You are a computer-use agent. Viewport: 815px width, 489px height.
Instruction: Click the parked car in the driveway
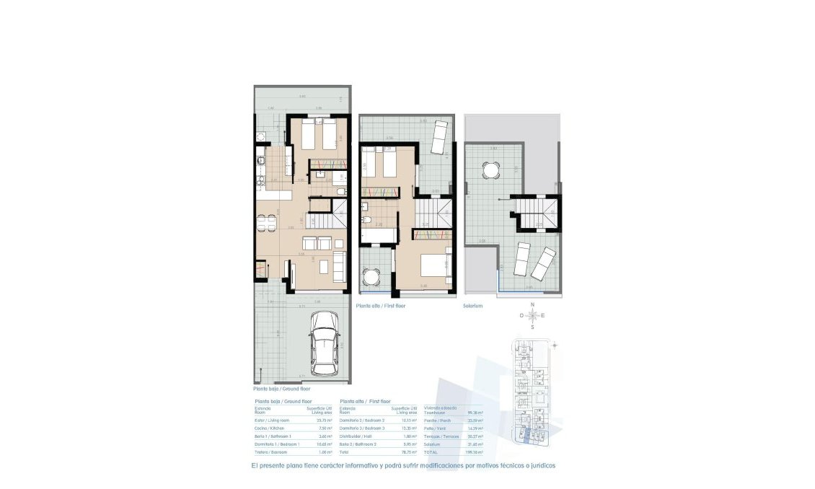324,342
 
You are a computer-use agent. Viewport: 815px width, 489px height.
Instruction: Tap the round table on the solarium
490,171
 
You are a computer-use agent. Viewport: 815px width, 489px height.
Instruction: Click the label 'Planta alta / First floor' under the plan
380,306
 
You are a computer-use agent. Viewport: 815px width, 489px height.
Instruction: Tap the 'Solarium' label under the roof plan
472,306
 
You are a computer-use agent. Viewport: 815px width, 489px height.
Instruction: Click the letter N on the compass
532,305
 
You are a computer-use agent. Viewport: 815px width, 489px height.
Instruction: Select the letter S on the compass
532,327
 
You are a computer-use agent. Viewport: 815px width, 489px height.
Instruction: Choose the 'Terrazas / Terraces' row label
441,436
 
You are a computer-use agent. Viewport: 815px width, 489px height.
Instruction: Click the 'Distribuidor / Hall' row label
357,436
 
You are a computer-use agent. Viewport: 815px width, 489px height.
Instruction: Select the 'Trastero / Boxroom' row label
272,452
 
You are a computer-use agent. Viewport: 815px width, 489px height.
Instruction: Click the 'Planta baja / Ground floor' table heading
283,401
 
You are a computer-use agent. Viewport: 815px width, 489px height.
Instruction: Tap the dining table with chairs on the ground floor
268,223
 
